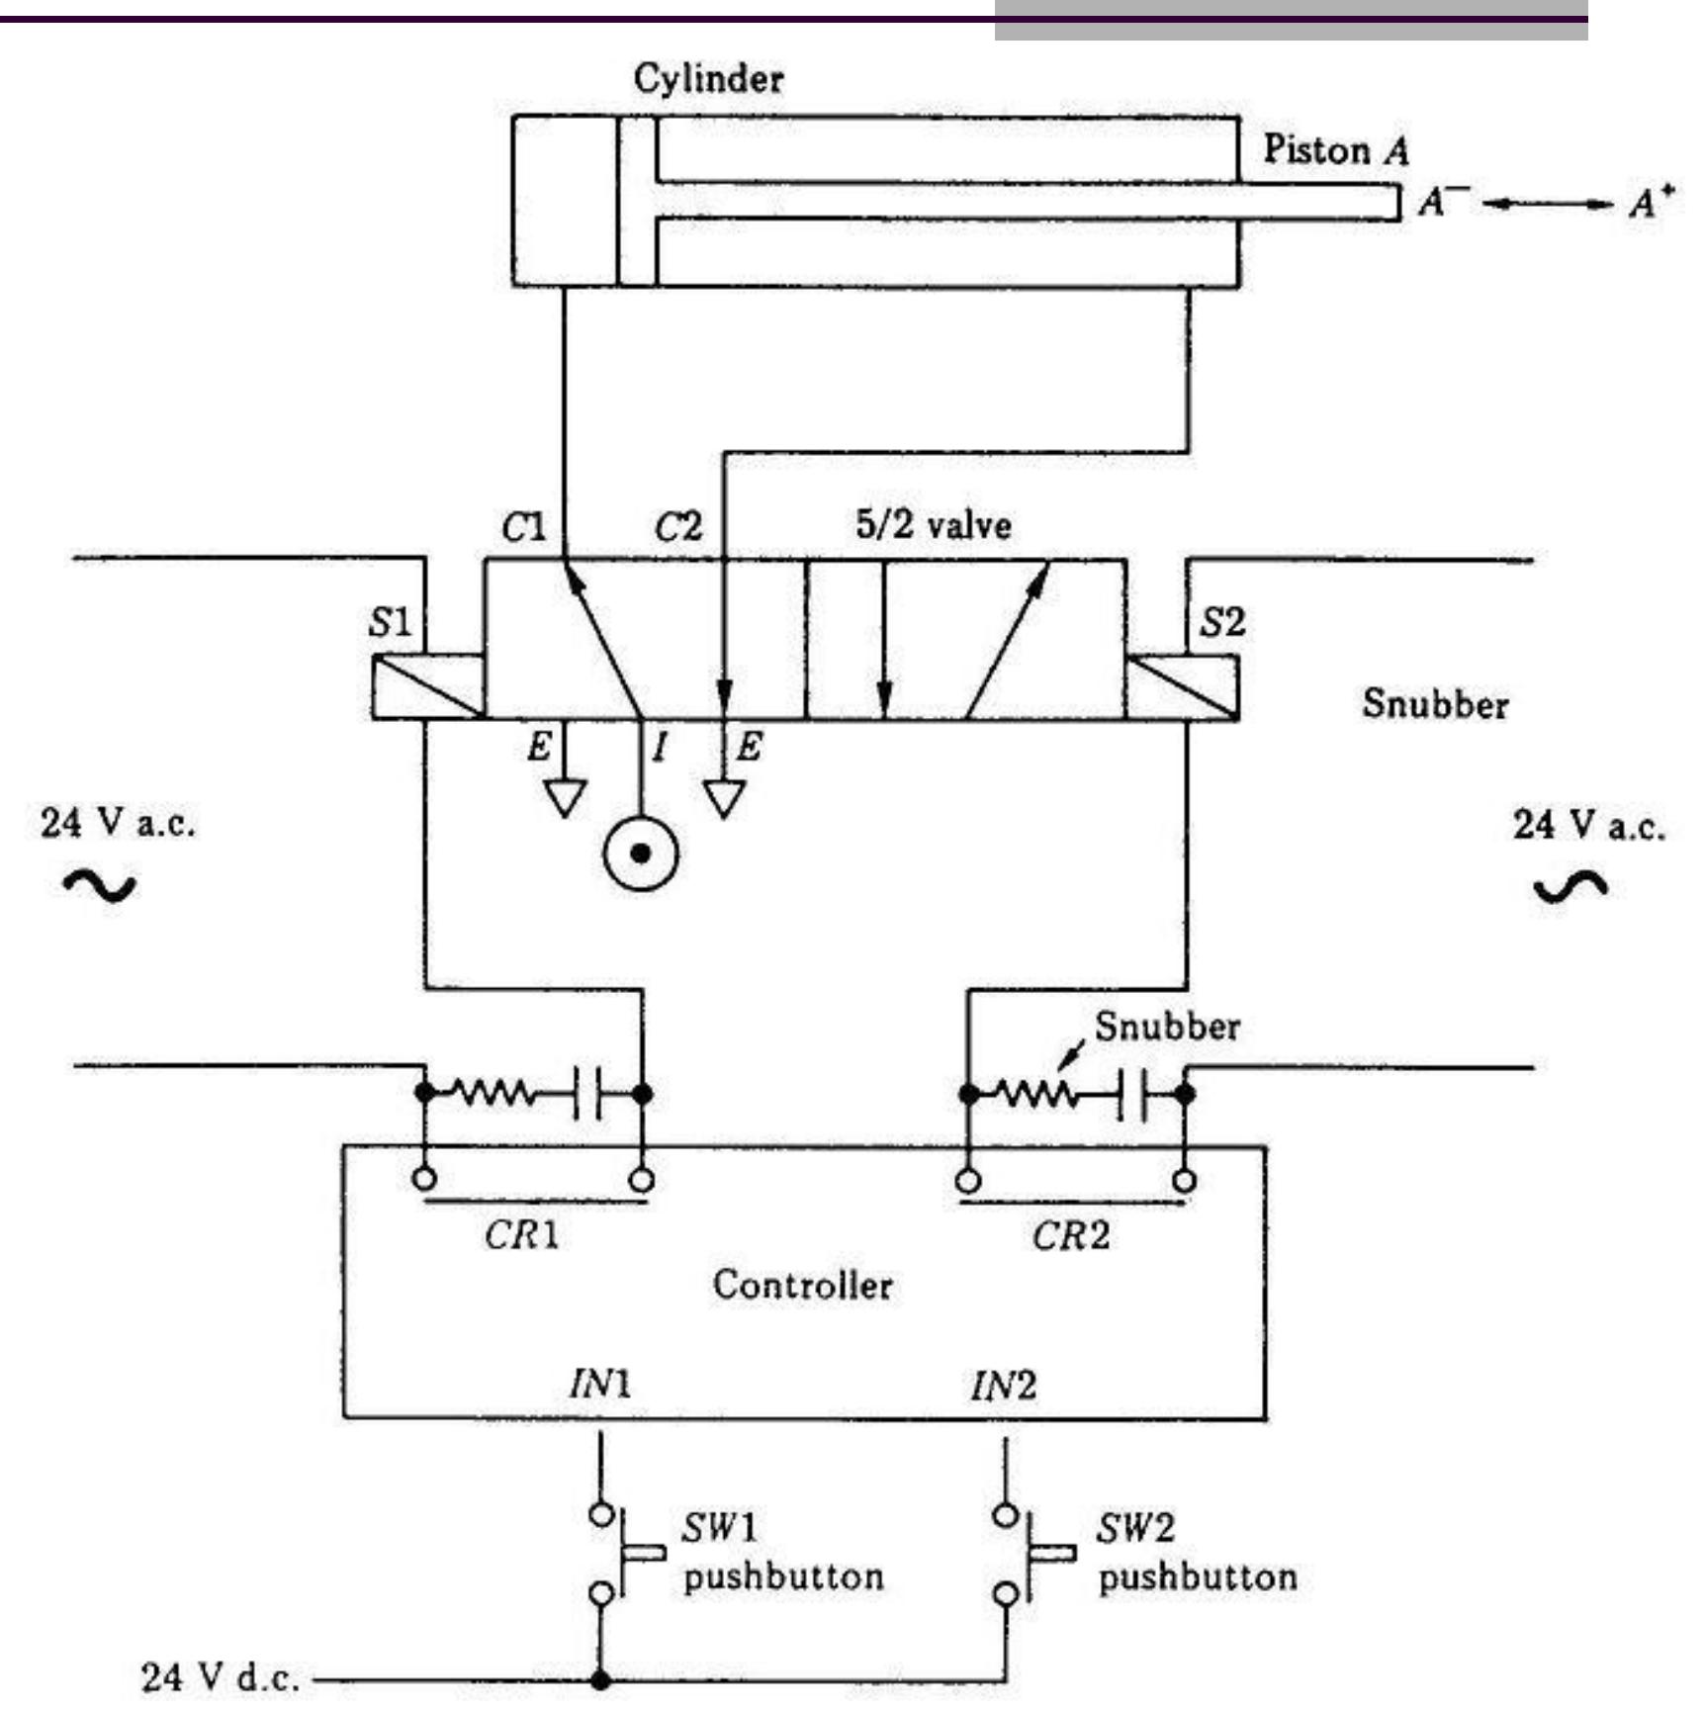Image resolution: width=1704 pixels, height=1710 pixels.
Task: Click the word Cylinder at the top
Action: click(708, 79)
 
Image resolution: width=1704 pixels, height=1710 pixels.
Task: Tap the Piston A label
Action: click(1335, 150)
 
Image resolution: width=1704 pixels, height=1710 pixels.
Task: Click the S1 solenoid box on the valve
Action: click(427, 686)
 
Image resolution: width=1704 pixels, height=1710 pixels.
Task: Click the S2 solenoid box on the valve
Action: click(1182, 686)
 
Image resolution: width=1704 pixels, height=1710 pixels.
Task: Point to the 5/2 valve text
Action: click(933, 524)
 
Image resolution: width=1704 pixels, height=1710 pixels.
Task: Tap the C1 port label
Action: click(523, 527)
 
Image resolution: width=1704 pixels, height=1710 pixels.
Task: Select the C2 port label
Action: click(678, 527)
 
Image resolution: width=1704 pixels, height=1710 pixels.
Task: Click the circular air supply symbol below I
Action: click(641, 853)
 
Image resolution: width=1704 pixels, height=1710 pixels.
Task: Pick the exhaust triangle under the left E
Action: click(565, 797)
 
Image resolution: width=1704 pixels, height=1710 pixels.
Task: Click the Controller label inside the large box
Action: click(802, 1285)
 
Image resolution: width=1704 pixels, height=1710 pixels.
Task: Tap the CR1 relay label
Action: click(521, 1234)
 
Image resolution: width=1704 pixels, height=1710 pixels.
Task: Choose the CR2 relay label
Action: click(1070, 1234)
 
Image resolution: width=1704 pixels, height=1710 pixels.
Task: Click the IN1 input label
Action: click(599, 1385)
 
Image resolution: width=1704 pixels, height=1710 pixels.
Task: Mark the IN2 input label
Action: click(1003, 1386)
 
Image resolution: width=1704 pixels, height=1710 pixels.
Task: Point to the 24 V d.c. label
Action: click(220, 1677)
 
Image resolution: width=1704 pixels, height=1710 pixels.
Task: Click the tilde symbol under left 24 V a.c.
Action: click(100, 886)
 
